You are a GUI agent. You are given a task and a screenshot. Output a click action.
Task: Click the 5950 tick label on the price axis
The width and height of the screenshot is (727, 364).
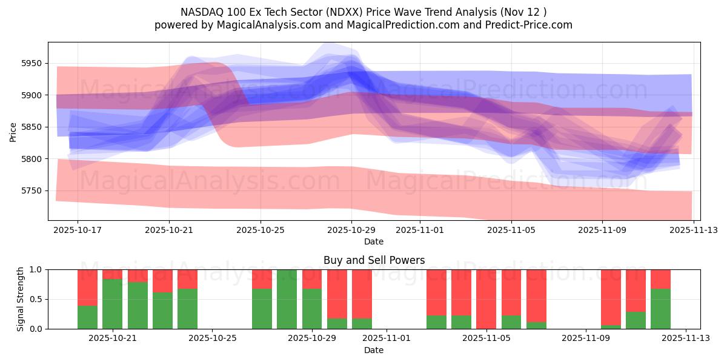32,63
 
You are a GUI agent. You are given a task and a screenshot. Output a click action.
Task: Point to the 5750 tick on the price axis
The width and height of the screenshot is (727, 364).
32,190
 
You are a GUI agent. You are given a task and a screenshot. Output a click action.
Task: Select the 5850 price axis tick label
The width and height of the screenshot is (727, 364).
32,127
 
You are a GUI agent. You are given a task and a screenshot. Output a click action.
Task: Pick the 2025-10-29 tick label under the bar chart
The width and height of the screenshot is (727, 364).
312,339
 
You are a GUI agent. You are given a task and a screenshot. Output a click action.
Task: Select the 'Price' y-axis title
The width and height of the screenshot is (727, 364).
13,131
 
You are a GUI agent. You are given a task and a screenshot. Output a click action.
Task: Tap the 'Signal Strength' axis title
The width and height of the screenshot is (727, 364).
21,299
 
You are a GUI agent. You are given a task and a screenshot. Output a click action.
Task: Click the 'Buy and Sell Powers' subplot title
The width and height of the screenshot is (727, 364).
374,260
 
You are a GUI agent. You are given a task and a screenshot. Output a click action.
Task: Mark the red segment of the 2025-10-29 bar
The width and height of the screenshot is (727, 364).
312,278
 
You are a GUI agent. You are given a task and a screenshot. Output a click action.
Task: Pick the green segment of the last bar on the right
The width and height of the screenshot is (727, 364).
661,309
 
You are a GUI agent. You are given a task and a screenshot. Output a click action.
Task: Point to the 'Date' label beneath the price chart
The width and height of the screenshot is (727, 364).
374,241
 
